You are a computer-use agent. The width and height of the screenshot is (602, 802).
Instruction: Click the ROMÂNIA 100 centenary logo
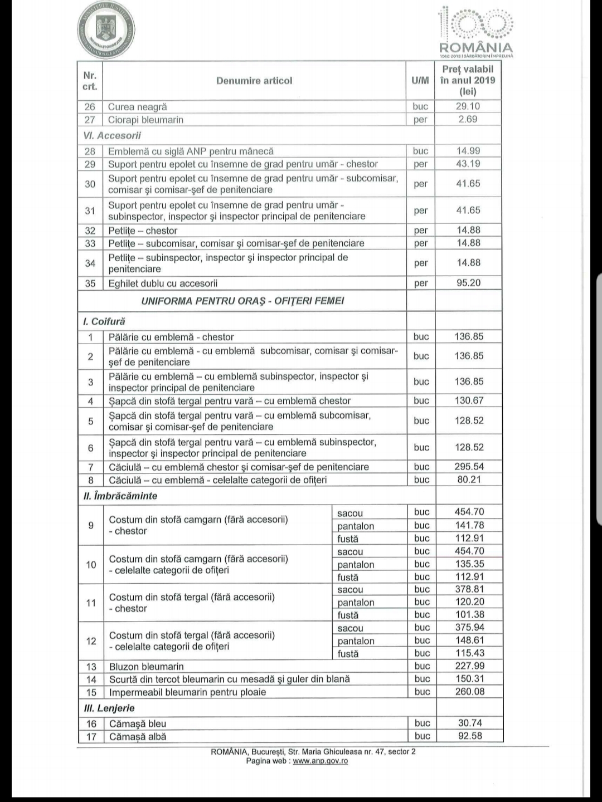click(475, 32)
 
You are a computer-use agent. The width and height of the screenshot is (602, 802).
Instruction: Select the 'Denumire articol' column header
click(254, 81)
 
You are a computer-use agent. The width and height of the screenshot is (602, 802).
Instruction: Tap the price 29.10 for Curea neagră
click(468, 106)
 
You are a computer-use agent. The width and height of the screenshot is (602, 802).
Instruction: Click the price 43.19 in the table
click(468, 164)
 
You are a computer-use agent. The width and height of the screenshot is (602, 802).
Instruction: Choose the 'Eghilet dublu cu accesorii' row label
click(163, 283)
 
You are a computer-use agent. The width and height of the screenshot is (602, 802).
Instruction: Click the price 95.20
click(468, 283)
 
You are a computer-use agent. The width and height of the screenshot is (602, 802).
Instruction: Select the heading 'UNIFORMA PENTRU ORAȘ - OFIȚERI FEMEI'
click(242, 301)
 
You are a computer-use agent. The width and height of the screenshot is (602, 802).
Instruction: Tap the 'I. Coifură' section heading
click(104, 321)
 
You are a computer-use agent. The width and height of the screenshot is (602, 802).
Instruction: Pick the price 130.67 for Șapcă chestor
click(469, 400)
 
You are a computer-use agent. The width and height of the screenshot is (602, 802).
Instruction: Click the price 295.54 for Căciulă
click(469, 467)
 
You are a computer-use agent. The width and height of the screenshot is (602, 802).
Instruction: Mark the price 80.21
click(469, 480)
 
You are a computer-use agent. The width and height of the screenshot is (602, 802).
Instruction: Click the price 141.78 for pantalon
click(469, 525)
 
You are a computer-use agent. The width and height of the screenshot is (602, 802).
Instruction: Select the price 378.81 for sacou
click(469, 589)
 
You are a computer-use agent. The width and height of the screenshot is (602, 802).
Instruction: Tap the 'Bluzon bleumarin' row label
click(147, 667)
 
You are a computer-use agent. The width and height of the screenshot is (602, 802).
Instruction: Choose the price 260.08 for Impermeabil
click(470, 692)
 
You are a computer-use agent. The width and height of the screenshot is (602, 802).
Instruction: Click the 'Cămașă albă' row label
click(138, 737)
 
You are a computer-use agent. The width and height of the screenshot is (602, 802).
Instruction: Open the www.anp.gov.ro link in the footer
click(321, 761)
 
